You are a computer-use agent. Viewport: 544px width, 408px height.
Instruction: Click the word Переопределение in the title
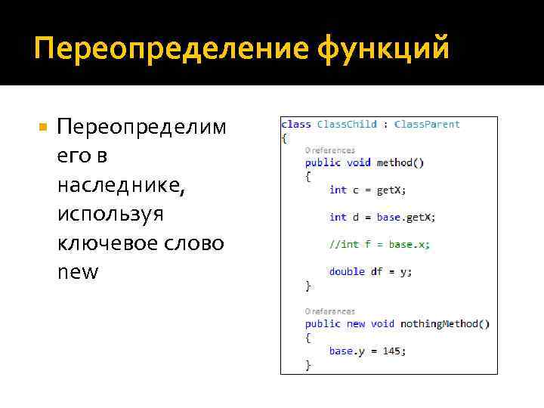point(168,50)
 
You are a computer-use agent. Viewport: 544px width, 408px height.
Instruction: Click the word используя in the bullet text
point(110,214)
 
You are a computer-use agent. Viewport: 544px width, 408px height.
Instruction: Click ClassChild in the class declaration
point(347,125)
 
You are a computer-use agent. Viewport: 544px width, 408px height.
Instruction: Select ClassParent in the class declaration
point(427,125)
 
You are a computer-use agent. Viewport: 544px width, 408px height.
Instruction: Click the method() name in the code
point(400,162)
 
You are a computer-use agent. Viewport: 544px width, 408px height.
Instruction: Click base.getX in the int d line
point(405,217)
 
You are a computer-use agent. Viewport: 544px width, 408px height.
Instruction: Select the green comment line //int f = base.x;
point(379,244)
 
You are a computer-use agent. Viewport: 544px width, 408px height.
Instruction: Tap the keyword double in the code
point(347,271)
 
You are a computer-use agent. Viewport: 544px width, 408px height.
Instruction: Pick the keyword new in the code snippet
point(355,324)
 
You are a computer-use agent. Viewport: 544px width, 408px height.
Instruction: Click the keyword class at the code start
point(295,125)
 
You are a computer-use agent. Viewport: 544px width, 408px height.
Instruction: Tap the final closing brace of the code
point(308,365)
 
